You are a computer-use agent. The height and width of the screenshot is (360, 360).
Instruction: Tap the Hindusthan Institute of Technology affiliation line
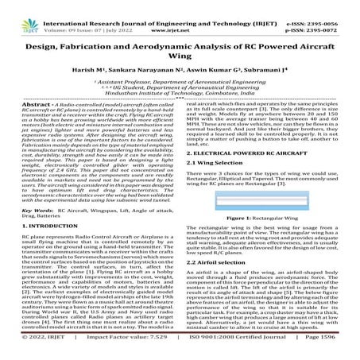click(180, 93)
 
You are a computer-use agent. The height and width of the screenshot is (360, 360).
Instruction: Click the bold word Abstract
click(18, 105)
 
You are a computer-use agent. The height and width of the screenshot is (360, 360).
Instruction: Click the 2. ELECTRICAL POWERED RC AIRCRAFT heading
click(247, 151)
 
